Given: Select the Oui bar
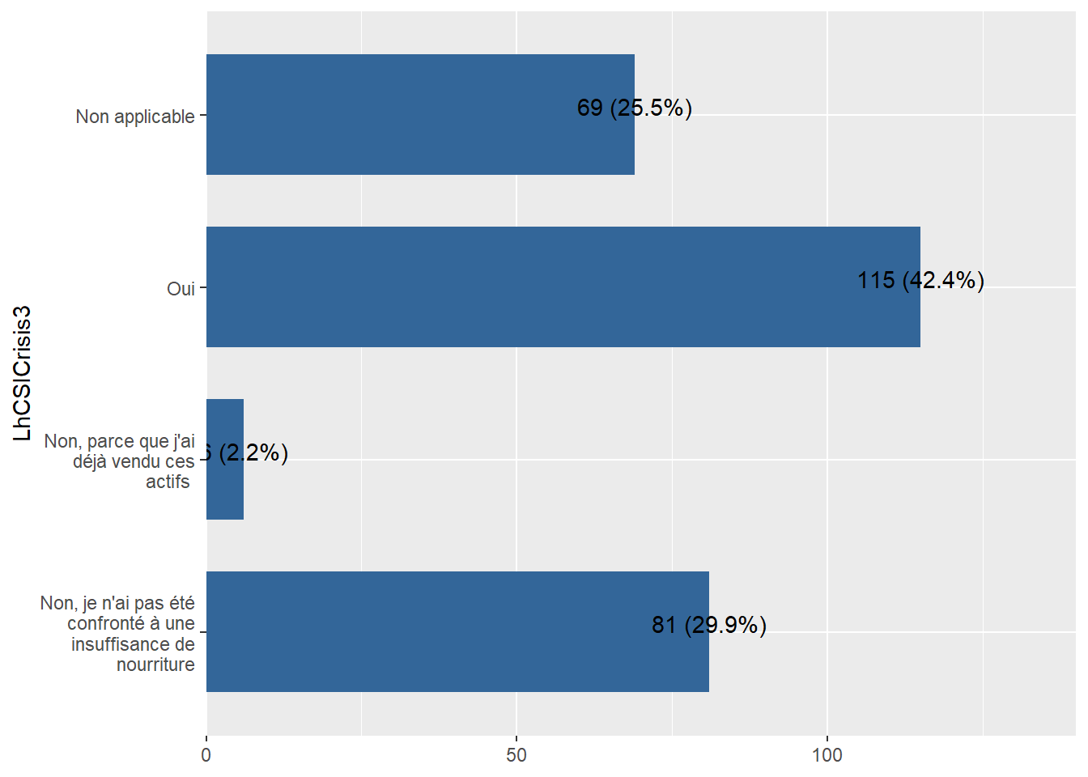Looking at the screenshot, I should (x=526, y=287).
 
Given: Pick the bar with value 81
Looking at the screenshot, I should (x=421, y=631).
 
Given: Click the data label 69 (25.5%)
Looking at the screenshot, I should (x=634, y=108).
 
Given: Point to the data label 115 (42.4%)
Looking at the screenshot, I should (x=920, y=280).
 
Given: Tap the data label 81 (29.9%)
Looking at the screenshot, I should (x=708, y=625).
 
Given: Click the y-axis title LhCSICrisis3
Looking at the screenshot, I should (x=22, y=373).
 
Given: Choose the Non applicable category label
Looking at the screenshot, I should (x=135, y=117).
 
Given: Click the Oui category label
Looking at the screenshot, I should (x=181, y=289).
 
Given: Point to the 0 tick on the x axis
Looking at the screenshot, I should (x=206, y=755).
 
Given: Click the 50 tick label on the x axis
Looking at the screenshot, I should (x=516, y=755).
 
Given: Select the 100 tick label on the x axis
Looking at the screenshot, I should (x=827, y=755).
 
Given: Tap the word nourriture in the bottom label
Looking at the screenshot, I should (x=155, y=664).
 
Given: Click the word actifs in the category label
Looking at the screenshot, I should (x=168, y=482).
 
